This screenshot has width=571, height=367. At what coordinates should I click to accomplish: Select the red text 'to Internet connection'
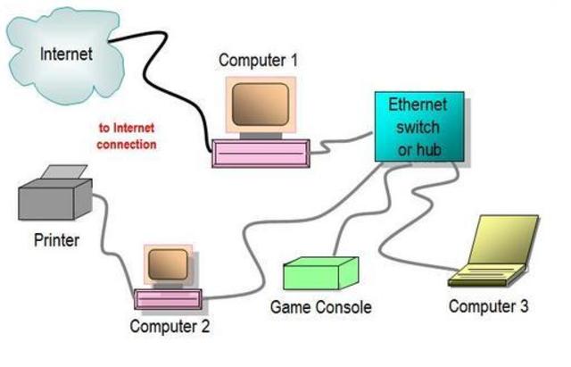click(127, 136)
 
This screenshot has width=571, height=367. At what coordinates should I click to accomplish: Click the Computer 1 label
click(258, 61)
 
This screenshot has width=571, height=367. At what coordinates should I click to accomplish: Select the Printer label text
click(56, 239)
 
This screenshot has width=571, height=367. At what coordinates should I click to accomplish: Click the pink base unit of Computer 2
click(169, 298)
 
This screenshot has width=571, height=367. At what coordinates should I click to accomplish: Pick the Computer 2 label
click(170, 326)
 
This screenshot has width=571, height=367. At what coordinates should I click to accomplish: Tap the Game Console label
click(320, 307)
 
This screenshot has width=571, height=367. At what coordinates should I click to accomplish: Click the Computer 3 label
click(488, 306)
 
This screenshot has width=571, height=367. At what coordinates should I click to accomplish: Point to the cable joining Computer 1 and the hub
click(343, 142)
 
